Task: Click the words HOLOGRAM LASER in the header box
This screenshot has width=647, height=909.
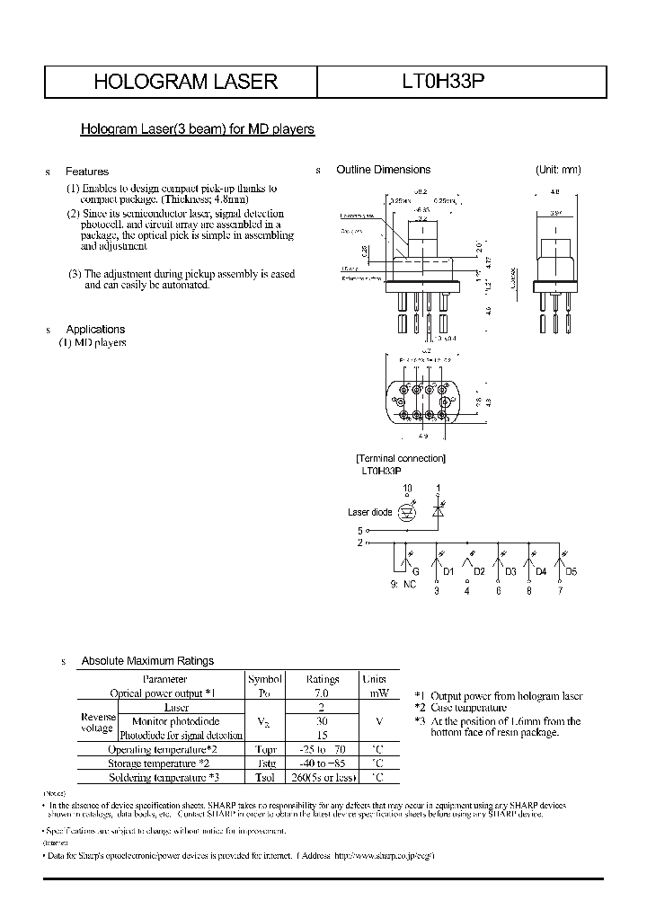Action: (186, 82)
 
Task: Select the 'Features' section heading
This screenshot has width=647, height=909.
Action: (87, 172)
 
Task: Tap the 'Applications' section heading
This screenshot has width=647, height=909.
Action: (95, 330)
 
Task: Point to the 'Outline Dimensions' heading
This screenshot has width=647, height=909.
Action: (383, 170)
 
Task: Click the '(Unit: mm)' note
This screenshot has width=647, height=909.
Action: (558, 170)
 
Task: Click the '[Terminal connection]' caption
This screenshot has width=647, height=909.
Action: (401, 459)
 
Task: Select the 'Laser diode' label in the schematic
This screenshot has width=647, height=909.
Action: (369, 513)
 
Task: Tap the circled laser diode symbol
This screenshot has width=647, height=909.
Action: (407, 513)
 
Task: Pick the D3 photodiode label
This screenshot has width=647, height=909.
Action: (510, 571)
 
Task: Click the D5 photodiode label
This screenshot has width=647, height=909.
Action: (572, 571)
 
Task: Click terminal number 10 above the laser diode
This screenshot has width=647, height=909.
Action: (407, 489)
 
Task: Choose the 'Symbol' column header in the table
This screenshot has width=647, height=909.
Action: (265, 680)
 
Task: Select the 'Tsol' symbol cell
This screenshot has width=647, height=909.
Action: (265, 777)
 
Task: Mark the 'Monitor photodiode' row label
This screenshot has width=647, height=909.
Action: (175, 721)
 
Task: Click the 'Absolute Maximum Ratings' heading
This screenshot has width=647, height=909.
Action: (147, 661)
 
